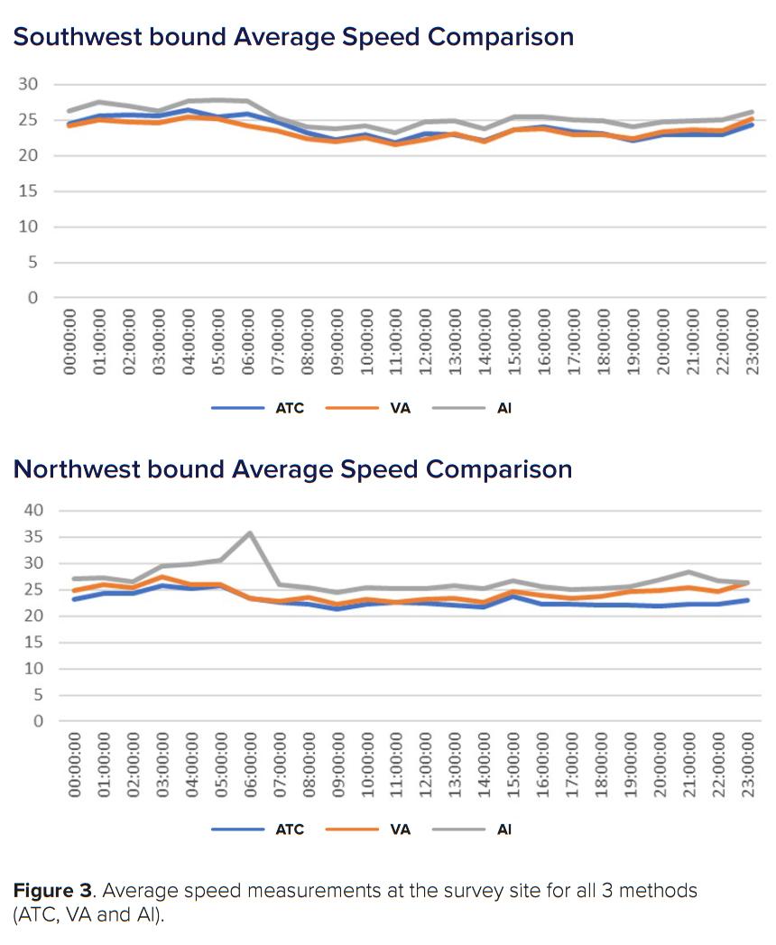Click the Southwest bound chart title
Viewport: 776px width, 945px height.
[293, 37]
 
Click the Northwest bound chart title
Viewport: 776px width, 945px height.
[292, 469]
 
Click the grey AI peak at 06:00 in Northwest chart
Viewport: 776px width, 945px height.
[250, 533]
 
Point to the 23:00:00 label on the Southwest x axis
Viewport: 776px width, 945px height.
[751, 341]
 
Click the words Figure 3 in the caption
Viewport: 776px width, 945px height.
[52, 891]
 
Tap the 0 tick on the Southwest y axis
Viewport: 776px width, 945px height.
[32, 298]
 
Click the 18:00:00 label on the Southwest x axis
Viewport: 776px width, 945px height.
[603, 341]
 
